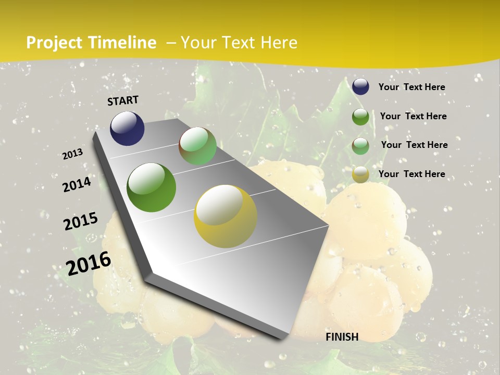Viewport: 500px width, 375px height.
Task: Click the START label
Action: [123, 101]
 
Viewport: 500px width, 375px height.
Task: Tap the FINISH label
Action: [342, 337]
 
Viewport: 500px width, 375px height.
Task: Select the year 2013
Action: [72, 154]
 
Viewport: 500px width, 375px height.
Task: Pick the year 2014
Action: [77, 184]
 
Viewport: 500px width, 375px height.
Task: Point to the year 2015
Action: [81, 221]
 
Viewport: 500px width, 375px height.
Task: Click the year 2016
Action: [89, 263]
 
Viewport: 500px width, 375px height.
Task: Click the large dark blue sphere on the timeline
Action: [127, 128]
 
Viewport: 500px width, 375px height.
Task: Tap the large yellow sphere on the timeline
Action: [226, 216]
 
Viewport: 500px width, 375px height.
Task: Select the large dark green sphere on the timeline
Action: [152, 187]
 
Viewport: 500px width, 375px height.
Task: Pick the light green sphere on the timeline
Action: [197, 146]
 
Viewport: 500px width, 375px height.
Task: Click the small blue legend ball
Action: [360, 87]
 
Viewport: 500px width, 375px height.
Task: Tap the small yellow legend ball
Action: [360, 174]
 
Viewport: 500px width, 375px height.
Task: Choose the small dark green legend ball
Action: [360, 117]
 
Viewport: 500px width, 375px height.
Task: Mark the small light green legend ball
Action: [360, 146]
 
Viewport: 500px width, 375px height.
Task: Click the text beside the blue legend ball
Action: [411, 87]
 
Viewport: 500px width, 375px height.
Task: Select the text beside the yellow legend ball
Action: [411, 174]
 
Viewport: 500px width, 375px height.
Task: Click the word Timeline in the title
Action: [123, 43]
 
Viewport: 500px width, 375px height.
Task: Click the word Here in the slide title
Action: [279, 43]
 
